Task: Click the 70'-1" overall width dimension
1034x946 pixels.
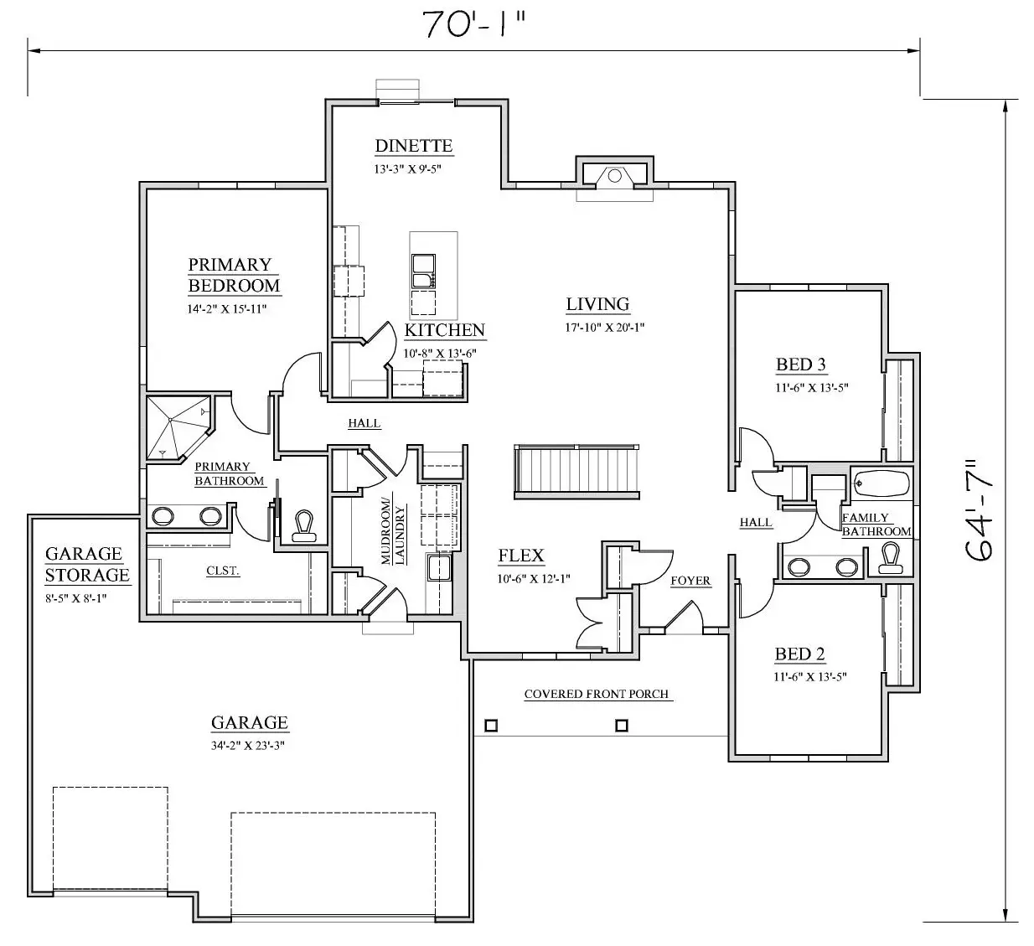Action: pyautogui.click(x=474, y=25)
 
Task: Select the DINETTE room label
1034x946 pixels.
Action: pyautogui.click(x=413, y=146)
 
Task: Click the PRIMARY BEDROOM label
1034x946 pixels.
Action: pyautogui.click(x=234, y=275)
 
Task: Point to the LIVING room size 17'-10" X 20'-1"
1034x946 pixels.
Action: pyautogui.click(x=605, y=328)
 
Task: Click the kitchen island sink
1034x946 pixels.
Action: pyautogui.click(x=423, y=271)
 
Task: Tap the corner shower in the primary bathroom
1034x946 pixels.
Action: pyautogui.click(x=178, y=427)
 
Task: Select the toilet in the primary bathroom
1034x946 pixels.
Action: pyautogui.click(x=304, y=526)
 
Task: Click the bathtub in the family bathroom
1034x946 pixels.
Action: pyautogui.click(x=882, y=483)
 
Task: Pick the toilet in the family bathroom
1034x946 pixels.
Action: pyautogui.click(x=890, y=558)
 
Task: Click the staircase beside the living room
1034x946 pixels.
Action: pyautogui.click(x=576, y=472)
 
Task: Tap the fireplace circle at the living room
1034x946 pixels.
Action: pyautogui.click(x=614, y=176)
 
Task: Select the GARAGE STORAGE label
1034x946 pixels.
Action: pyautogui.click(x=87, y=564)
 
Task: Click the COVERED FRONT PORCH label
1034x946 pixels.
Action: pyautogui.click(x=597, y=694)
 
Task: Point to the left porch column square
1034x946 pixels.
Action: pyautogui.click(x=491, y=726)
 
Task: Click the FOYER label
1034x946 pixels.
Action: pyautogui.click(x=690, y=581)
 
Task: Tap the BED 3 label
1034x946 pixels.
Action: pyautogui.click(x=801, y=364)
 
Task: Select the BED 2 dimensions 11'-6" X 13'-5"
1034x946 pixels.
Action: pyautogui.click(x=810, y=677)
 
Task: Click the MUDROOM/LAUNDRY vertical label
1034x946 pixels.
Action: pyautogui.click(x=393, y=531)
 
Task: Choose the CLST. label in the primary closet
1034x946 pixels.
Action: pyautogui.click(x=223, y=571)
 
